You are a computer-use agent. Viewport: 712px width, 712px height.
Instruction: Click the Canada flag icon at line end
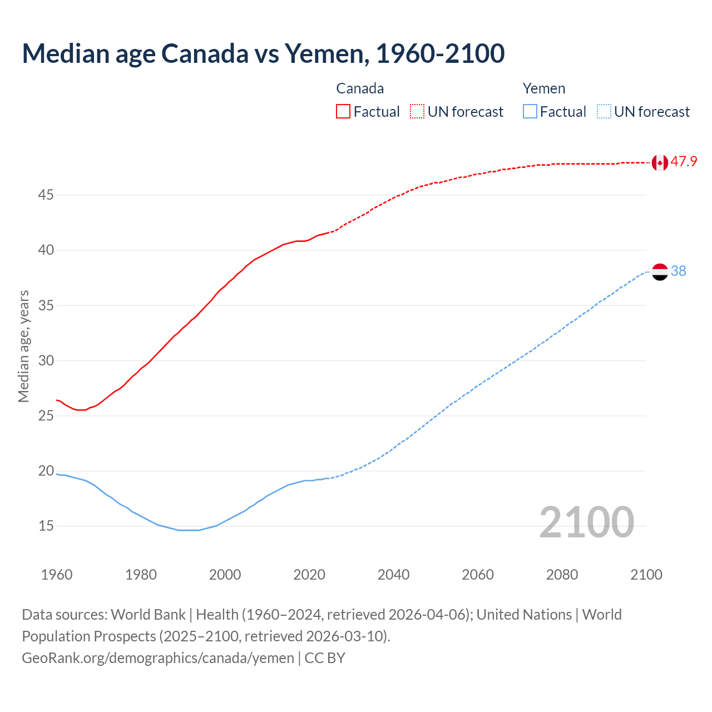[x=660, y=162]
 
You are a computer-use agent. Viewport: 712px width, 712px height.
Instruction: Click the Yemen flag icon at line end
[x=660, y=271]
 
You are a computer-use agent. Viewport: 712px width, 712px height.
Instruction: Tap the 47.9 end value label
[x=684, y=162]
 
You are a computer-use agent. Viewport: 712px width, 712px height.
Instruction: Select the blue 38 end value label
[x=678, y=271]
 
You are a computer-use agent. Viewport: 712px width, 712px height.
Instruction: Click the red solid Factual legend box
[x=343, y=112]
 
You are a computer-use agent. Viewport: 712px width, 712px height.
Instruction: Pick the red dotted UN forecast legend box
[x=417, y=112]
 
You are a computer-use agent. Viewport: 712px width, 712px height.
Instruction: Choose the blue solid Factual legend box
[x=530, y=112]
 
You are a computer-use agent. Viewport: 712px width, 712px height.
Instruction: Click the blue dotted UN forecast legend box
[x=604, y=112]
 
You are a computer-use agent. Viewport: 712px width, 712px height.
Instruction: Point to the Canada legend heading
[x=360, y=88]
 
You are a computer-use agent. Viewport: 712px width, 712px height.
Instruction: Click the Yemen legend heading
[x=543, y=88]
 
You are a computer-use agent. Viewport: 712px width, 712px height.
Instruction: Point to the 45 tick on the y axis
[x=46, y=195]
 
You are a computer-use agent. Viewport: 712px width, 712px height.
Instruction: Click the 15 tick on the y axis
[x=46, y=526]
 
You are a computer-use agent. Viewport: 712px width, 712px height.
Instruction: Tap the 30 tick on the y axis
[x=46, y=360]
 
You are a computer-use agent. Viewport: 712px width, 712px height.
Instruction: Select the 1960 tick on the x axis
[x=57, y=575]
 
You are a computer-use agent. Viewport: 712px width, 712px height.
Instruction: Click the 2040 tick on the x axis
[x=393, y=575]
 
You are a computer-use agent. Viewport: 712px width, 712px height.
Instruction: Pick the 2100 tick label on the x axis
[x=646, y=575]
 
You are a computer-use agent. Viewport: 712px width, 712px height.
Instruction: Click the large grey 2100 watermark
[x=586, y=522]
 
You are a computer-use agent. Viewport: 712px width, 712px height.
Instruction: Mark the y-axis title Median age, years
[x=23, y=346]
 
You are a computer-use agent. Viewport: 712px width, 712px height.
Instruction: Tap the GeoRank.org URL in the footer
[x=158, y=658]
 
